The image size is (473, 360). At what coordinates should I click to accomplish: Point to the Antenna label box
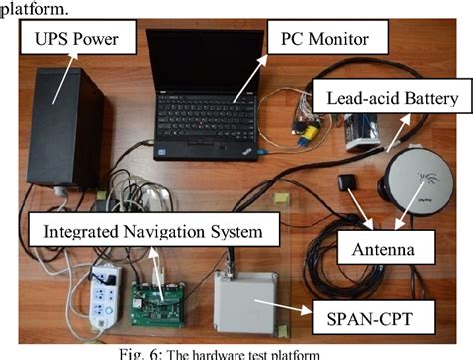point(387,242)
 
